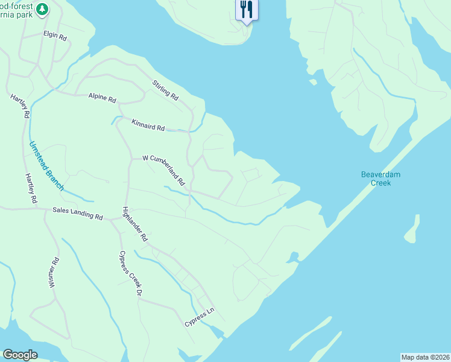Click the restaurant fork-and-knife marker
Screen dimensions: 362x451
pyautogui.click(x=246, y=10)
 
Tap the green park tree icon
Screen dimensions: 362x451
pyautogui.click(x=42, y=8)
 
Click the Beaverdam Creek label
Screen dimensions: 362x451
pyautogui.click(x=380, y=179)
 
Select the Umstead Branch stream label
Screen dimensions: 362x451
pyautogui.click(x=46, y=166)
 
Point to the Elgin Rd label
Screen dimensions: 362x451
pyautogui.click(x=55, y=36)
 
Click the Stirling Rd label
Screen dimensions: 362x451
pyautogui.click(x=166, y=90)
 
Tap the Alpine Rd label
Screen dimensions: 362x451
pyautogui.click(x=102, y=97)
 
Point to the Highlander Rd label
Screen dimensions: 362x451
pyautogui.click(x=134, y=224)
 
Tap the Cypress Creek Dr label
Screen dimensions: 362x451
pyautogui.click(x=130, y=273)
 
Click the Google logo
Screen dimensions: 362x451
pyautogui.click(x=20, y=355)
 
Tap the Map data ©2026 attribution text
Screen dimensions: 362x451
pyautogui.click(x=425, y=357)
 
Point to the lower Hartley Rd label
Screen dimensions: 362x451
pyautogui.click(x=31, y=188)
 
